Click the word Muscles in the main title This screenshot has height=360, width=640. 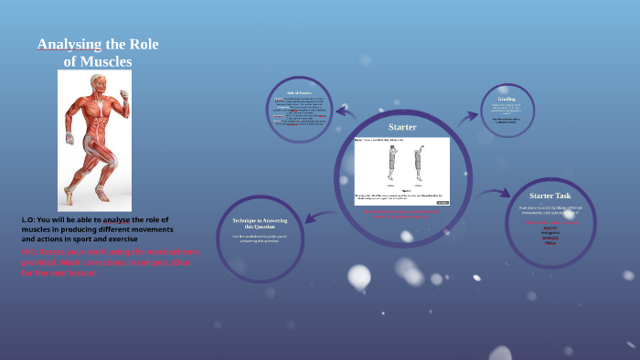pos(109,62)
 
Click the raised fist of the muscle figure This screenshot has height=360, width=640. pos(124,94)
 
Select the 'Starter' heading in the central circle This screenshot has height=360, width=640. pos(402,127)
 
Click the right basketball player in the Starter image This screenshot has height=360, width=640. pos(419,161)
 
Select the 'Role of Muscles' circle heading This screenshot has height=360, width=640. pos(300,92)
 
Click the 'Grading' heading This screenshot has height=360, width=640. pos(507,99)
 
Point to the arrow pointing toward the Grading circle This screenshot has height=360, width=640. pos(468,116)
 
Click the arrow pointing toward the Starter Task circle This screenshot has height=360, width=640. pos(496,193)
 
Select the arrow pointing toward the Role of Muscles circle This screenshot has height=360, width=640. pos(345,112)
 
